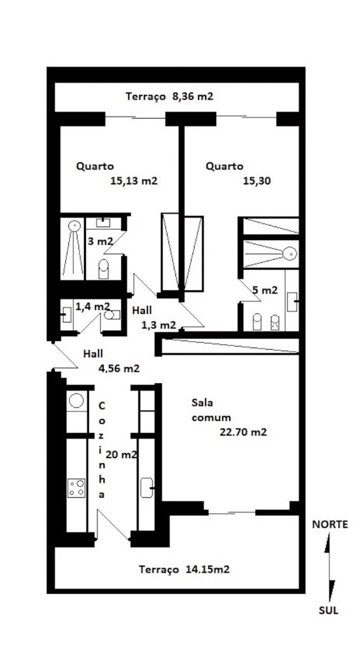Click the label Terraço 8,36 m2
[169, 97]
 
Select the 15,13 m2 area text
[134, 181]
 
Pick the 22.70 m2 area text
[243, 432]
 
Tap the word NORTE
[330, 525]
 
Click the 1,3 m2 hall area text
[159, 325]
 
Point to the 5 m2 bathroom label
[265, 290]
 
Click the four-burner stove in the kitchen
[77, 488]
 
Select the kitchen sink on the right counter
[147, 488]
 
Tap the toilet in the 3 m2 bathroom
[103, 269]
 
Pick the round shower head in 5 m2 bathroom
[290, 252]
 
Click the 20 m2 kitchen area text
[121, 455]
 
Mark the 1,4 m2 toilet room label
[93, 307]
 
